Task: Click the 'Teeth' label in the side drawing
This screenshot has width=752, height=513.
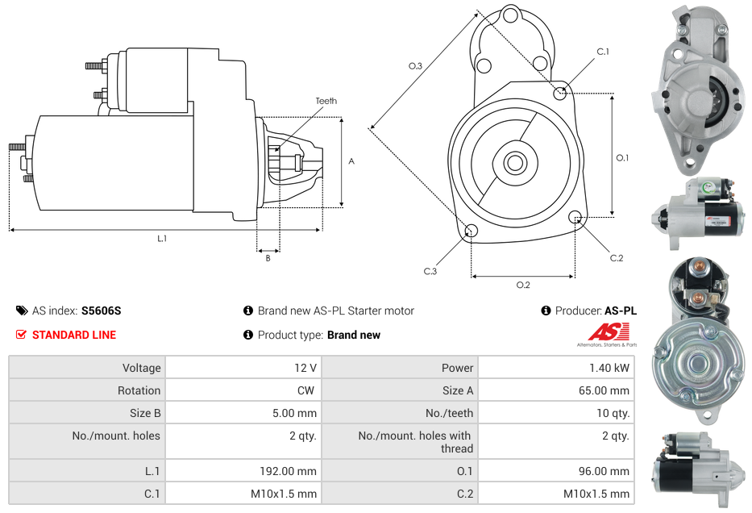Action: pos(326,101)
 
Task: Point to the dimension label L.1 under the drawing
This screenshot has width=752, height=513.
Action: pos(162,238)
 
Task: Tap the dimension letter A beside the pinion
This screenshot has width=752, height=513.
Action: pos(351,161)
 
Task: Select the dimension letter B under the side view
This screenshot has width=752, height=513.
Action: pos(268,258)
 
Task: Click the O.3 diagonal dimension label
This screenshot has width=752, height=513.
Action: pos(415,66)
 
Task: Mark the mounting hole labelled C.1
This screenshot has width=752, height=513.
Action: pos(560,93)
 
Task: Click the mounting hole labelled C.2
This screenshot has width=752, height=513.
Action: pos(575,217)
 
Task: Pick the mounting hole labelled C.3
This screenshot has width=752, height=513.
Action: pos(472,232)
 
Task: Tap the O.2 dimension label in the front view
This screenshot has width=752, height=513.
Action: pos(523,285)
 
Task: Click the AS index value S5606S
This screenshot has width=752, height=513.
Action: pos(101,311)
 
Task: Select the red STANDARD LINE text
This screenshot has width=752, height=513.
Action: pos(74,335)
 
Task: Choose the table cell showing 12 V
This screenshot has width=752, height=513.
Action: pos(305,368)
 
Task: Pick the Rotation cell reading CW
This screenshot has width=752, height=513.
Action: pos(307,390)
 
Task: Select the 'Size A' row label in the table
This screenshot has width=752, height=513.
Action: pos(458,390)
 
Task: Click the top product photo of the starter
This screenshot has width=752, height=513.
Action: pos(700,89)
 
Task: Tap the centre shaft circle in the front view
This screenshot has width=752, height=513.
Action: pos(514,163)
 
